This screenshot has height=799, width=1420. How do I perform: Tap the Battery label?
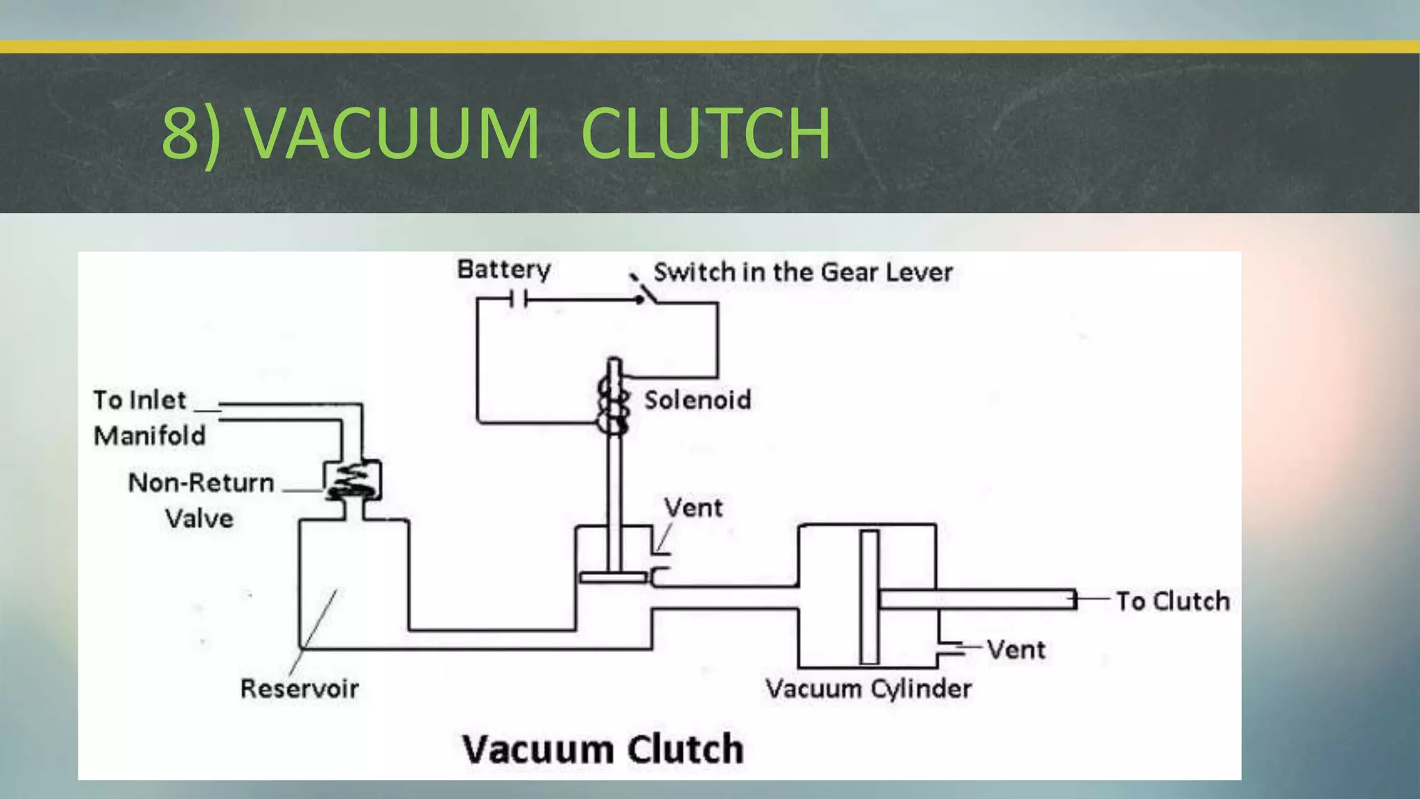coord(503,269)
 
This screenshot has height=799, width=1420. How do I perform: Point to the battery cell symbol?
coord(519,300)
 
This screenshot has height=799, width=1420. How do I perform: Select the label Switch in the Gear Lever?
coord(802,272)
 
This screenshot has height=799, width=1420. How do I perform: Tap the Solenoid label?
coord(697,399)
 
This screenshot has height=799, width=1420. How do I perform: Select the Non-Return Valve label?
coord(200,500)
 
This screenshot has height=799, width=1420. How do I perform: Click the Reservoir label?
coord(299,689)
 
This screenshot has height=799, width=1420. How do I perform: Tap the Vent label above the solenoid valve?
coord(693,508)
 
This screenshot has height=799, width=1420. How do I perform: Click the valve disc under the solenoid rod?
coord(613,577)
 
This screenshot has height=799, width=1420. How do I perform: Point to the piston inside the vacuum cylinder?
coord(869,596)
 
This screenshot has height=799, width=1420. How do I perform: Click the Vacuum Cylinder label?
coord(868,689)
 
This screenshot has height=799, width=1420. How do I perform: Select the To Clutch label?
coord(1172,601)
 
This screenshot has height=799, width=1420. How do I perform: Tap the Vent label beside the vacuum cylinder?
coord(1016,650)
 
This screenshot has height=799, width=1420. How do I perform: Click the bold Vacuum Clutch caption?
coord(603,749)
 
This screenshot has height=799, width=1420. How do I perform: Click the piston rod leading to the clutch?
coord(978,599)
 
